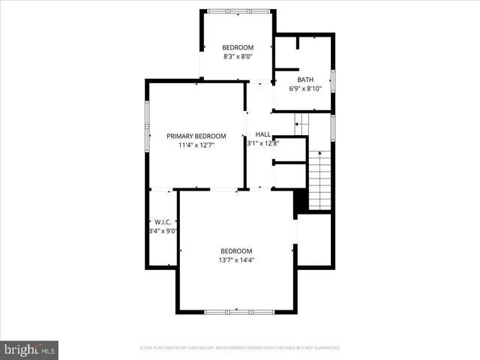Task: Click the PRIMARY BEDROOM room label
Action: tap(196, 136)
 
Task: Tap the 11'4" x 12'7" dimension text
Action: tap(196, 145)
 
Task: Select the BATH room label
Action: tap(305, 79)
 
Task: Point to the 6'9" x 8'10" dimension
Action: tap(305, 88)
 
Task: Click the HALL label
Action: tap(262, 134)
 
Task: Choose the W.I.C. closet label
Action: tap(163, 222)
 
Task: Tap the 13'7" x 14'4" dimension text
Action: tap(236, 260)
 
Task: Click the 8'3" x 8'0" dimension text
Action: tap(238, 56)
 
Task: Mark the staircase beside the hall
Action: tap(319, 180)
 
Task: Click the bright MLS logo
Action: tap(30, 349)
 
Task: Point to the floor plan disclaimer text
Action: tap(240, 348)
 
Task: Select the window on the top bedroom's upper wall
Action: tap(238, 10)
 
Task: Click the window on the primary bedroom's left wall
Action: tap(147, 124)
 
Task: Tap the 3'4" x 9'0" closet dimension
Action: tap(163, 232)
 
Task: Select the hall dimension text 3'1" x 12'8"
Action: tap(262, 143)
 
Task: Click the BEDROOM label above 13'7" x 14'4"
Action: tap(236, 250)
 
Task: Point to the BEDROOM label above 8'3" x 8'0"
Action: tap(238, 47)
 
